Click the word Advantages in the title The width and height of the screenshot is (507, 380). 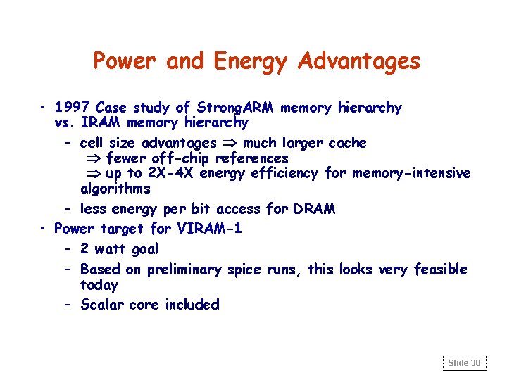pyautogui.click(x=359, y=62)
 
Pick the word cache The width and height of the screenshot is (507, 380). pyautogui.click(x=348, y=143)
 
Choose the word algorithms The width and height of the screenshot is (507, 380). pyautogui.click(x=115, y=189)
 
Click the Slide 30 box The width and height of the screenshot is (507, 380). pyautogui.click(x=464, y=362)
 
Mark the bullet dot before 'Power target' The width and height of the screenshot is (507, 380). pyautogui.click(x=44, y=229)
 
